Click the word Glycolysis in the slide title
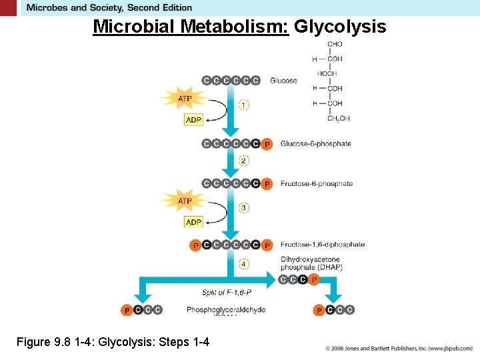[x=340, y=27]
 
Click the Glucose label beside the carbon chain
[x=283, y=81]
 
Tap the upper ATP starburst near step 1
[x=185, y=99]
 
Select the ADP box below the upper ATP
[x=193, y=120]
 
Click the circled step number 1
[x=244, y=105]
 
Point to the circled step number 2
[x=244, y=161]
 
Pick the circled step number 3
[x=244, y=208]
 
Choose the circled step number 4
[x=244, y=264]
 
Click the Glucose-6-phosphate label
[x=315, y=144]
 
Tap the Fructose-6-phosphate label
[x=316, y=184]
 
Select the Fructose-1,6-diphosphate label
[x=322, y=245]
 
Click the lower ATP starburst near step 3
[x=185, y=201]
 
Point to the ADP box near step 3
[x=193, y=222]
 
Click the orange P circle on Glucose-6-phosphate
[x=267, y=144]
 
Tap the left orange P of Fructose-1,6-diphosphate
[x=195, y=245]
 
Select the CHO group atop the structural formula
[x=335, y=45]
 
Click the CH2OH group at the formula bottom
[x=338, y=119]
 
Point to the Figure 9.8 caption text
[x=113, y=342]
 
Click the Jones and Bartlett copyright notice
[x=399, y=348]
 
